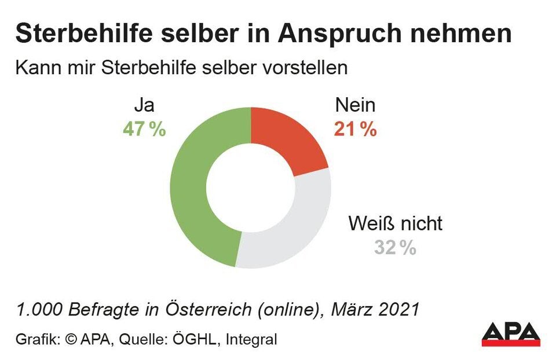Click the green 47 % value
coord(144,128)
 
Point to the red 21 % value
coord(355,128)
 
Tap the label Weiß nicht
coord(395,223)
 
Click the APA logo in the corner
coord(511,334)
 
